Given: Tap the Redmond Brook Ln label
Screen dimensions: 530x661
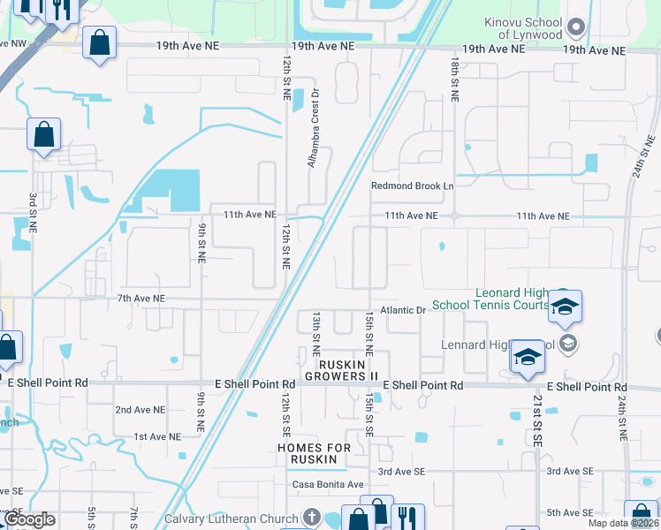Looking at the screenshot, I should click(x=412, y=186).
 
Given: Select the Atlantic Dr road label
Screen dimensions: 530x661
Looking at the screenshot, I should click(x=403, y=311).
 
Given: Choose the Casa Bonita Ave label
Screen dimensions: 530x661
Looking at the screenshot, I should click(x=329, y=485).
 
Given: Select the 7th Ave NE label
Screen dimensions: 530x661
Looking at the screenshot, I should click(x=141, y=299).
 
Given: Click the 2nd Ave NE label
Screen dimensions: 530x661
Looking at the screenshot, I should click(x=141, y=410).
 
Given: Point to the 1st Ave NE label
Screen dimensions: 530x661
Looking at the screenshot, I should click(x=157, y=436).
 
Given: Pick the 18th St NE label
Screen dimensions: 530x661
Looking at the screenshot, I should click(x=454, y=80).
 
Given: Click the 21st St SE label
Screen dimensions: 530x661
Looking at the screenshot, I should click(x=536, y=415).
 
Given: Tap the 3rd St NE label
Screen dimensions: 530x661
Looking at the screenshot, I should click(x=33, y=212).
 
